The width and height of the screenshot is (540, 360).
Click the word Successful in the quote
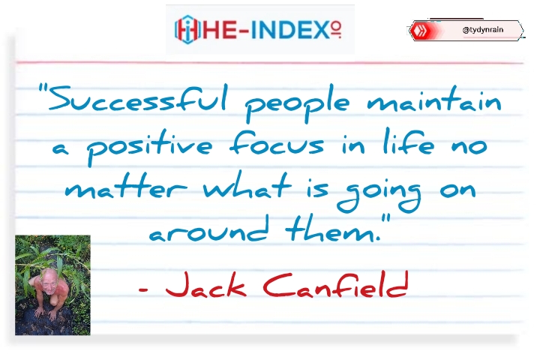[138, 97]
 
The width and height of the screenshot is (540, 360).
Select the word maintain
[434, 99]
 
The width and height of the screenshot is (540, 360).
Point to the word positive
[149, 147]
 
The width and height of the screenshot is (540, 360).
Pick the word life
[409, 142]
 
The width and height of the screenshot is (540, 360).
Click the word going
[379, 193]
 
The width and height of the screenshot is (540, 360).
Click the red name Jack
[206, 284]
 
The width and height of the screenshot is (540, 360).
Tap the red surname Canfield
[336, 284]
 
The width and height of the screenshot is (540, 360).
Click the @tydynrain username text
[483, 30]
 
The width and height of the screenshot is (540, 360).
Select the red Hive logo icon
[420, 30]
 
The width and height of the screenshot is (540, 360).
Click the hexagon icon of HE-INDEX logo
[187, 30]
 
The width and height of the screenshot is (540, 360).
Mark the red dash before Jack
[143, 289]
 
